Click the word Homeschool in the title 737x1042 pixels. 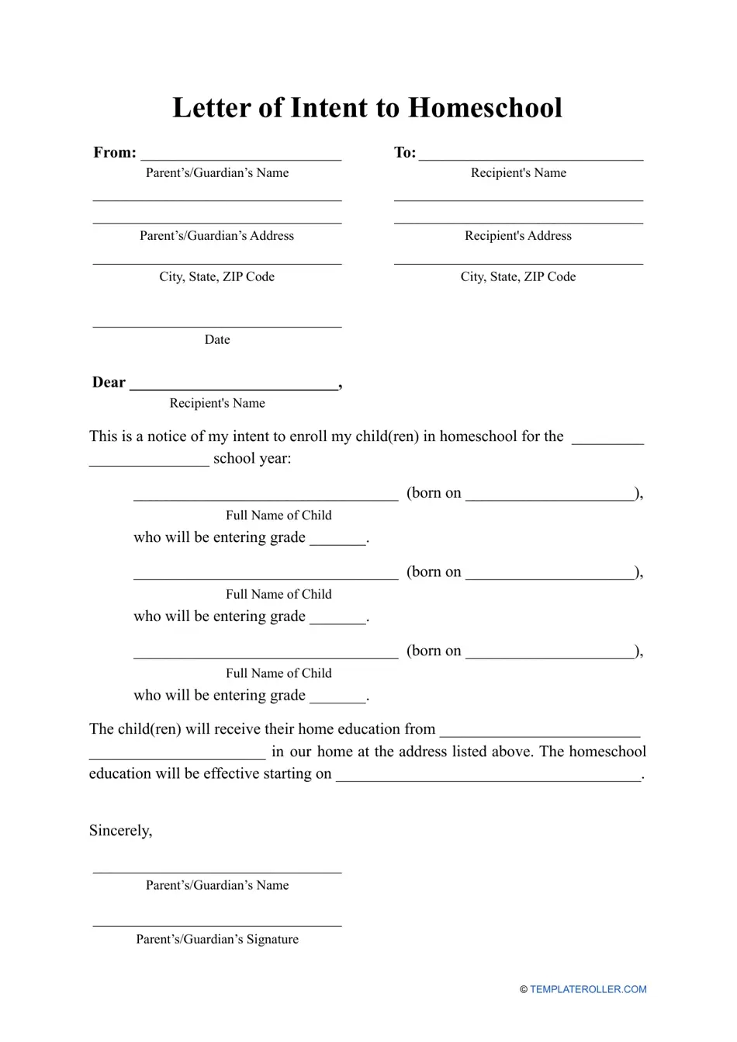(x=485, y=108)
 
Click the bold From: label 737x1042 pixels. (x=115, y=152)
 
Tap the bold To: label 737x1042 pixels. (x=405, y=152)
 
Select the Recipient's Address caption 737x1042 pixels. (x=518, y=236)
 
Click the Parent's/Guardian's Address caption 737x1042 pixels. (x=217, y=236)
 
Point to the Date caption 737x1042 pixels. (x=217, y=340)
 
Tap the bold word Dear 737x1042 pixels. (x=109, y=382)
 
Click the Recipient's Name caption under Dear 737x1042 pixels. (x=217, y=404)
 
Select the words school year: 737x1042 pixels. (x=252, y=459)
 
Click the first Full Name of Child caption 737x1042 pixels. (x=279, y=516)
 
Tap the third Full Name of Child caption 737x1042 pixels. (x=279, y=674)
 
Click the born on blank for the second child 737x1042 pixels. (x=551, y=578)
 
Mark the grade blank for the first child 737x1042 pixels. (x=337, y=543)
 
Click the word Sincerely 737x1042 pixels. (x=120, y=831)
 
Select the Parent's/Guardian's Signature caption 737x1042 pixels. (x=217, y=940)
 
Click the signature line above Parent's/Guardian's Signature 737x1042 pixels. (x=217, y=925)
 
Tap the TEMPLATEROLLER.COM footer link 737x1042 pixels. (x=588, y=990)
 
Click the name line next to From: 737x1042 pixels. (x=240, y=158)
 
